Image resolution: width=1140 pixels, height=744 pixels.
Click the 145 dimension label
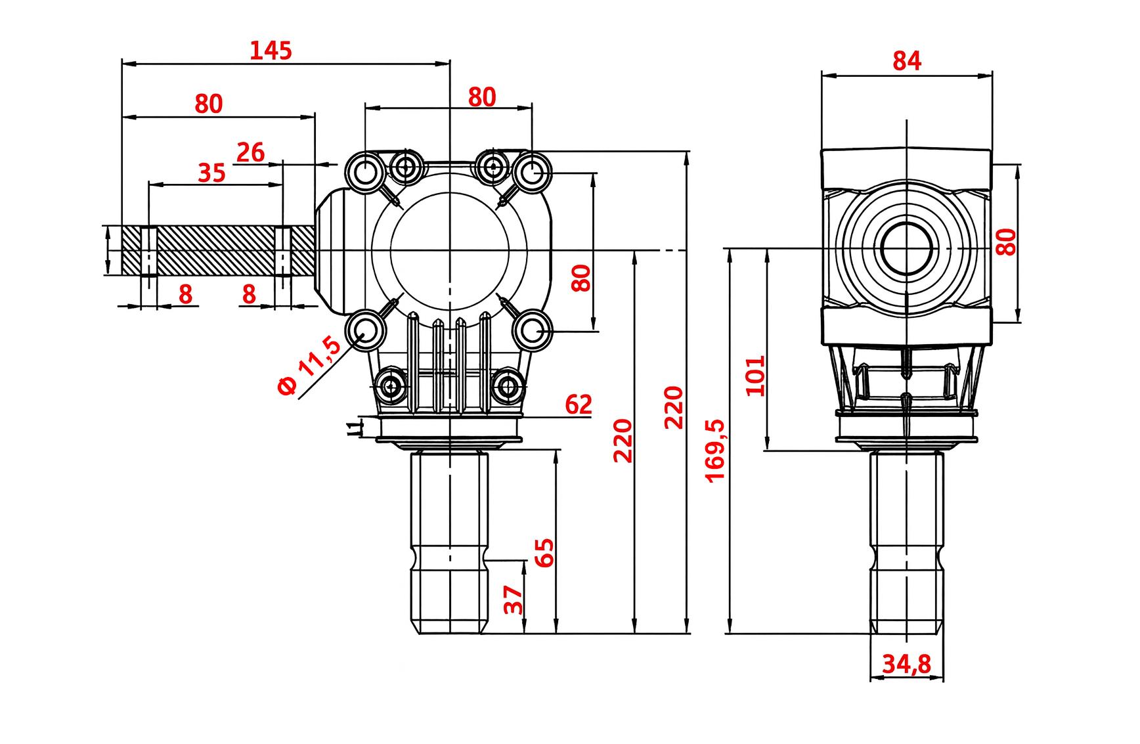click(271, 51)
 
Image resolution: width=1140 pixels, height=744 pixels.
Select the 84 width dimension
click(907, 61)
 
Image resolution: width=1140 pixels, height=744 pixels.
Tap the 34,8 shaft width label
click(906, 664)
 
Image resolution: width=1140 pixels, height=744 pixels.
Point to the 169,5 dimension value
click(715, 450)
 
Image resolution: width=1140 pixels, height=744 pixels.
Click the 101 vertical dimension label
click(756, 376)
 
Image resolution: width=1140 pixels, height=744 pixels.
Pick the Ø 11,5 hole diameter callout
click(309, 365)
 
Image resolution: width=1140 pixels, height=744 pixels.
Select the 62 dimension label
click(579, 405)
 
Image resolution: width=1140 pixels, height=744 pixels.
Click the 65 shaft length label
click(544, 552)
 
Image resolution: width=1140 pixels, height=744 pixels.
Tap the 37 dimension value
click(513, 600)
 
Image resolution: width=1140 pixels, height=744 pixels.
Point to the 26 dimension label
click(250, 152)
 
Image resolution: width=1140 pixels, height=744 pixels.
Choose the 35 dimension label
click(211, 173)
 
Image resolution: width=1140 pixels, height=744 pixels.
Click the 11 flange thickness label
click(355, 428)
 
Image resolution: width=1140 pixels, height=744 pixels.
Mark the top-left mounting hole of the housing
click(366, 173)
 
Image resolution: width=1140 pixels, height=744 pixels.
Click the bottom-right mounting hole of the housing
click(532, 331)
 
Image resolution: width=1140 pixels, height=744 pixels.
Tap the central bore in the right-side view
click(906, 249)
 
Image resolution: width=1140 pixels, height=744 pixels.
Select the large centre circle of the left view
click(450, 250)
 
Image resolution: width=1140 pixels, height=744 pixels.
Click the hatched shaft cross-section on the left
click(217, 250)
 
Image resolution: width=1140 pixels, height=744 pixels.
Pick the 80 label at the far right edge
click(1005, 242)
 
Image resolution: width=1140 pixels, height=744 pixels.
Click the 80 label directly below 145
click(209, 104)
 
